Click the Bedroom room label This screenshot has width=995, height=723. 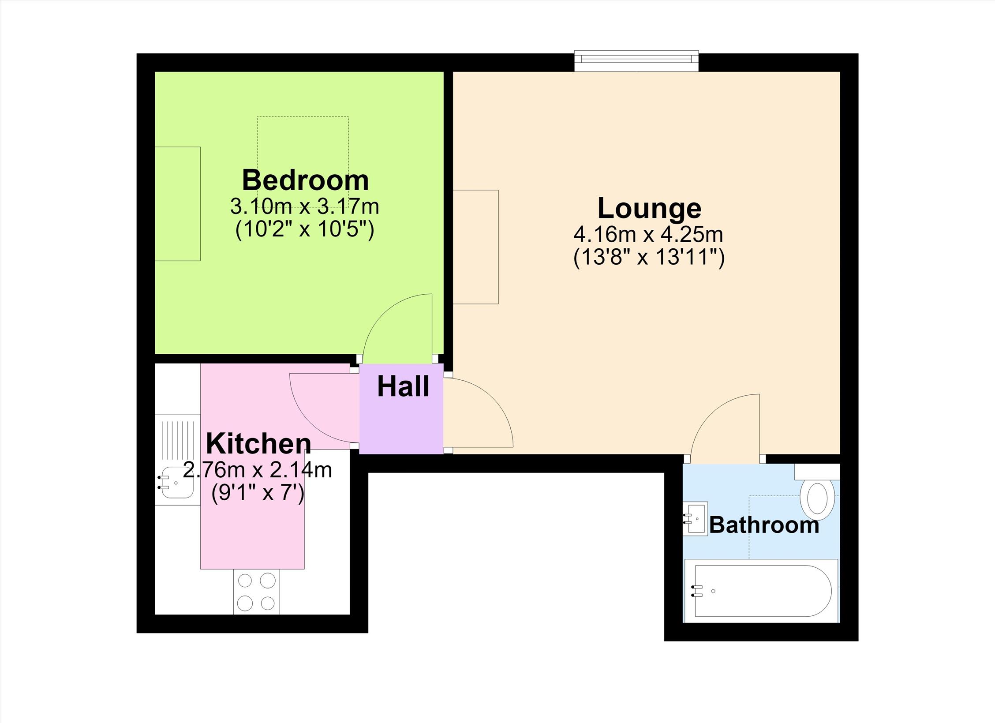pos(305,180)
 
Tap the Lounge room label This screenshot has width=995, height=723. pos(649,208)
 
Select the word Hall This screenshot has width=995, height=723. pos(403,386)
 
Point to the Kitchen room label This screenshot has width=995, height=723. pos(258,443)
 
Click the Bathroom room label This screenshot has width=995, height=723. pos(764,525)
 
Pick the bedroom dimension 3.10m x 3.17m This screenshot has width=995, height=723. pos(305,206)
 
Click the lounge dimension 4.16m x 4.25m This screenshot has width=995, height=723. pos(648,234)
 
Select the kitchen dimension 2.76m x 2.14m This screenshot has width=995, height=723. pos(258,470)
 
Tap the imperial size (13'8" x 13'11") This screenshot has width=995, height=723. pos(649,258)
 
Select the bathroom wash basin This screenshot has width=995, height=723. pos(696,519)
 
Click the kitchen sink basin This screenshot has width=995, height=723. pos(176,483)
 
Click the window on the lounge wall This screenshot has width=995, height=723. pos(636,61)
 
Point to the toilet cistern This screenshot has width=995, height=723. pos(817,472)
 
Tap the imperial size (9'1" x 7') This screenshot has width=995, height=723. pos(258,493)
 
